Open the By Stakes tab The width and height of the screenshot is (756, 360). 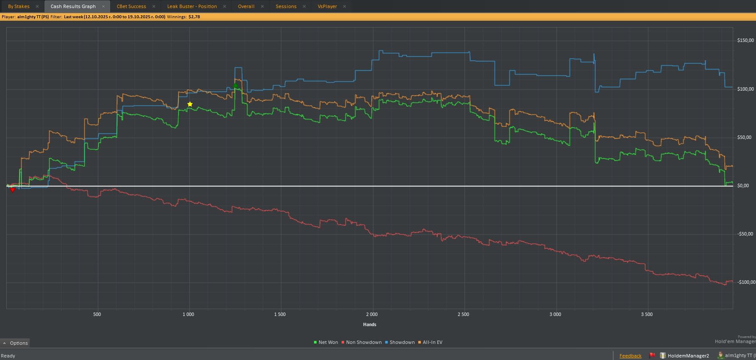point(19,6)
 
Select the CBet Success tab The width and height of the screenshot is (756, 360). point(131,6)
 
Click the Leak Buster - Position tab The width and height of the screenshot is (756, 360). point(192,6)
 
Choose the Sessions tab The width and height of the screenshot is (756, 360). point(286,6)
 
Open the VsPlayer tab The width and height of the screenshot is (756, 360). point(327,6)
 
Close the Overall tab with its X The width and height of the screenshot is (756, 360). point(262,6)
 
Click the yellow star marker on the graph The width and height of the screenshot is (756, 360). point(190,104)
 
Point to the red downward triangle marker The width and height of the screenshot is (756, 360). point(13,190)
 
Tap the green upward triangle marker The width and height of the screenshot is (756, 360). point(235,86)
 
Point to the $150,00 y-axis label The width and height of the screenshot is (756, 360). point(745,41)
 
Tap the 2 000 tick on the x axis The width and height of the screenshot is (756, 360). point(372,314)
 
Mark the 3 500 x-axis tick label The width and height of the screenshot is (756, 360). point(647,314)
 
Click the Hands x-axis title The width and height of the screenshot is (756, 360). point(370,324)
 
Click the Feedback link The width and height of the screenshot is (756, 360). point(630,356)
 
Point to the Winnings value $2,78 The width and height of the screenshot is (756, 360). point(194,17)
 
